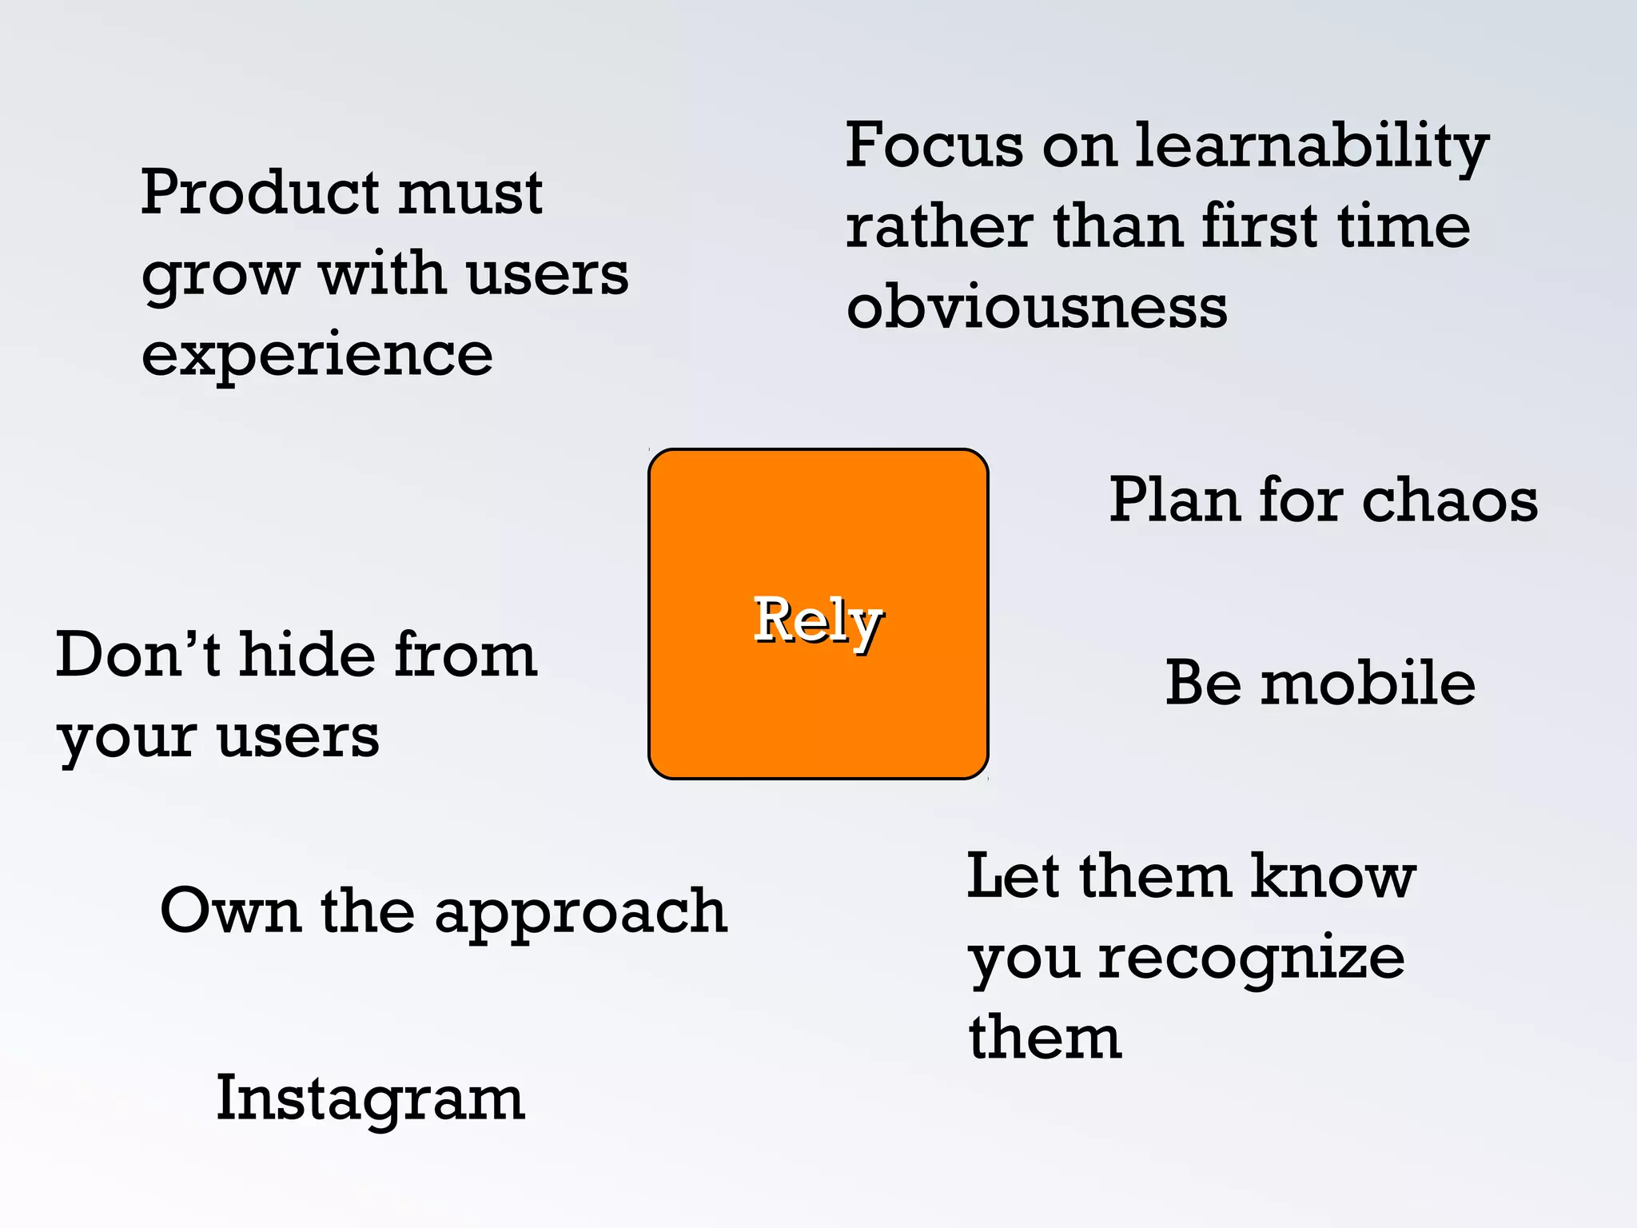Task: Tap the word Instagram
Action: coord(370,1099)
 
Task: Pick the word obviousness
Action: coord(1037,308)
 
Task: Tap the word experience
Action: coord(317,356)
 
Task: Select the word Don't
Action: coord(137,656)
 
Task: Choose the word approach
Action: coord(581,913)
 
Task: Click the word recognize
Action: coord(1251,959)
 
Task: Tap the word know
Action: coord(1332,877)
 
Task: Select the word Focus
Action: coord(934,146)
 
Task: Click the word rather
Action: coord(939,227)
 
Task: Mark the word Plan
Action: coord(1174,501)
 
